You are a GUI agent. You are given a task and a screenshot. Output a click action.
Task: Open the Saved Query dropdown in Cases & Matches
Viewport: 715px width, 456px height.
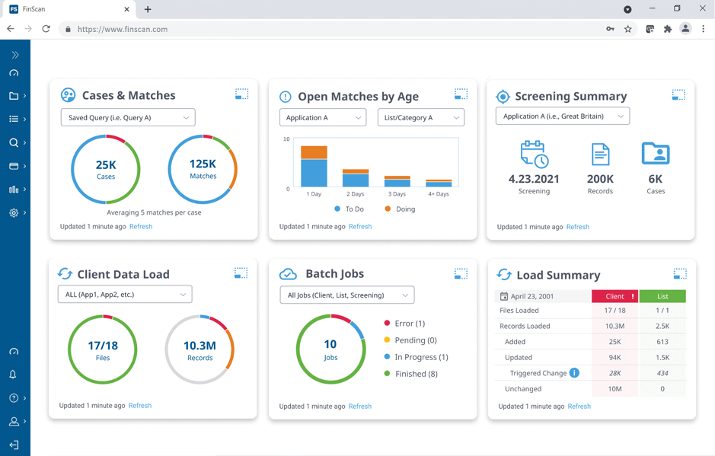128,118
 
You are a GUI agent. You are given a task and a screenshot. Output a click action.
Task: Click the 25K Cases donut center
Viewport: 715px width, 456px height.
106,169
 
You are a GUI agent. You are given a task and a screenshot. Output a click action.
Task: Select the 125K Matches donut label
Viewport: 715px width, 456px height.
203,169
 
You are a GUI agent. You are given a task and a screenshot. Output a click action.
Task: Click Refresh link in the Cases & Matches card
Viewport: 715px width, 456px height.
141,227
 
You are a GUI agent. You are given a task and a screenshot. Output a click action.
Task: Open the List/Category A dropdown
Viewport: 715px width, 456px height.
420,118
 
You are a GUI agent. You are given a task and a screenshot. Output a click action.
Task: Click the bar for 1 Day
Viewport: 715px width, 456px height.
314,167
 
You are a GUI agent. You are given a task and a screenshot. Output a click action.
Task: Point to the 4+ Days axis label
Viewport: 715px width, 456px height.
438,194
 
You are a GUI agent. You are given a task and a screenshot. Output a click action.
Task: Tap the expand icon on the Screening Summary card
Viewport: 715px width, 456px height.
678,95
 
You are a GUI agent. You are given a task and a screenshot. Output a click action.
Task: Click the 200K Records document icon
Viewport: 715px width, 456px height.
600,155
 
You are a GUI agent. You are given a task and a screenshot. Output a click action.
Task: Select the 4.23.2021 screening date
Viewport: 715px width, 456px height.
534,179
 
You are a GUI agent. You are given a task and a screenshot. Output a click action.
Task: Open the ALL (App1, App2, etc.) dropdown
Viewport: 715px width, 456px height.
125,295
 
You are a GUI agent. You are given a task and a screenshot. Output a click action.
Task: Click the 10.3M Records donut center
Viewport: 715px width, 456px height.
199,349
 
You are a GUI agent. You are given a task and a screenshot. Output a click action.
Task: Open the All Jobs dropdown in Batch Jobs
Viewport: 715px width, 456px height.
347,295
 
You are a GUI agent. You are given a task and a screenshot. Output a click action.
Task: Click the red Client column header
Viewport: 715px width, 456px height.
614,296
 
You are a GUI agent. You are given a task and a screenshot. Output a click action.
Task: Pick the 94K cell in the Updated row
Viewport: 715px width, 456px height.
614,358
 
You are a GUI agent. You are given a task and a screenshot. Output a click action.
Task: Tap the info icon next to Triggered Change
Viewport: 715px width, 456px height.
574,373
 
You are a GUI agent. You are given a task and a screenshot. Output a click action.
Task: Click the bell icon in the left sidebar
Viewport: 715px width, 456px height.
14,375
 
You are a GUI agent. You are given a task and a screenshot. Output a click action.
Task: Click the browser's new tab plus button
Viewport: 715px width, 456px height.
148,9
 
